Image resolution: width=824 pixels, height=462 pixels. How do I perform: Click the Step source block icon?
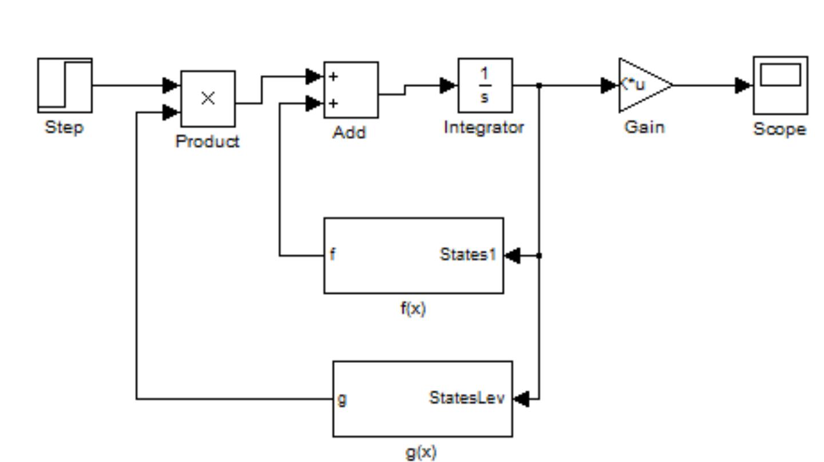65,85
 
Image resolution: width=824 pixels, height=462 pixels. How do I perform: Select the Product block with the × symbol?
208,98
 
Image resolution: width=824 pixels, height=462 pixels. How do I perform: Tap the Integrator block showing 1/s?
485,85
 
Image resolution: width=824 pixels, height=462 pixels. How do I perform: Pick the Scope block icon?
780,85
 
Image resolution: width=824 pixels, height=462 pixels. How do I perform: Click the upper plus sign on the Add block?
334,76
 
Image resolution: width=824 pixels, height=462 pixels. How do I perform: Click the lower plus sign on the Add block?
334,104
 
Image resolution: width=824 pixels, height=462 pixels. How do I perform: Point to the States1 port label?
468,255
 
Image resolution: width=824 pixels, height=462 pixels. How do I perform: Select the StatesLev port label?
466,398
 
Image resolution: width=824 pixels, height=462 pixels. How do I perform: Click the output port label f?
333,255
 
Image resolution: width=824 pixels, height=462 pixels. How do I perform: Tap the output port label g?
342,398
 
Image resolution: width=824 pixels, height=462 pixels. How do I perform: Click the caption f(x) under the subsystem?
413,309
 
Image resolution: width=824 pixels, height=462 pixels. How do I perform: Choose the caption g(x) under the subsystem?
421,452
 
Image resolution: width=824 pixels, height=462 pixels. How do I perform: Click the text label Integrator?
484,128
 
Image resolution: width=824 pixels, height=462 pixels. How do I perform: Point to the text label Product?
207,141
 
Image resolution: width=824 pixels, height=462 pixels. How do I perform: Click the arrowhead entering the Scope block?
743,85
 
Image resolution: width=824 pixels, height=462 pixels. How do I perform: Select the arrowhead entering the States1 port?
513,255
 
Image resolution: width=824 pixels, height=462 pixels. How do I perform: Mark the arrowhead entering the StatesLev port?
521,398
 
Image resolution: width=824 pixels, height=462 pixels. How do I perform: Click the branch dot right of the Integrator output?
539,85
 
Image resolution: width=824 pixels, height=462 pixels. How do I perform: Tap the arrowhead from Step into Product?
171,85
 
